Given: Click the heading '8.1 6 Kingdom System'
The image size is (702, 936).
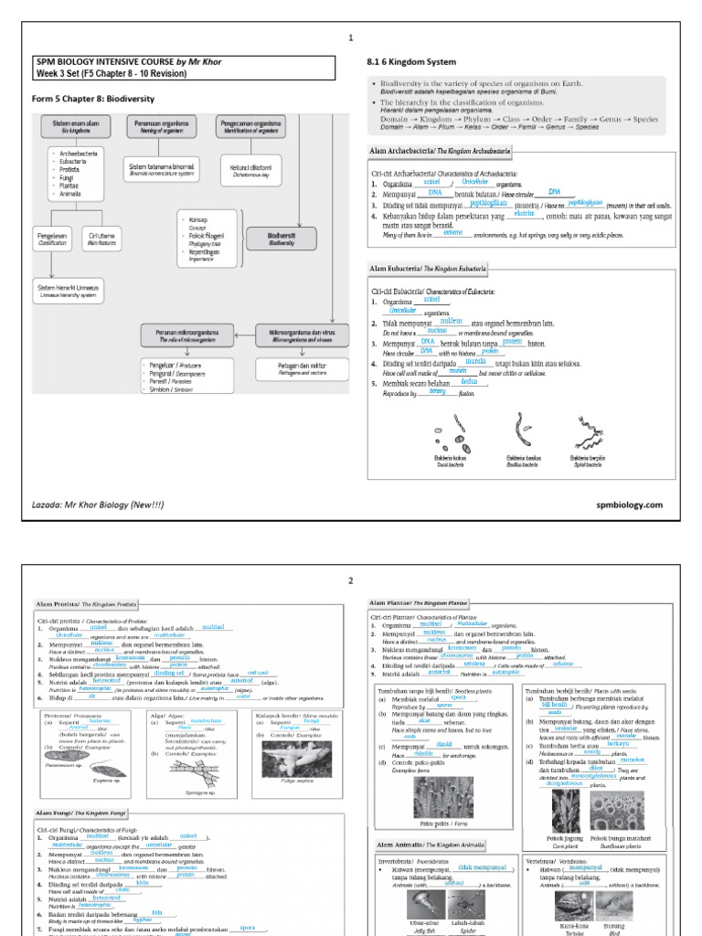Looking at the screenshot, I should pyautogui.click(x=409, y=61).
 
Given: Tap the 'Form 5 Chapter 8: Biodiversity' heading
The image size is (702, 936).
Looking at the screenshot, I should pyautogui.click(x=93, y=99).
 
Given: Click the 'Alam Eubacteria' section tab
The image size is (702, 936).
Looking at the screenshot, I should pyautogui.click(x=427, y=269).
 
